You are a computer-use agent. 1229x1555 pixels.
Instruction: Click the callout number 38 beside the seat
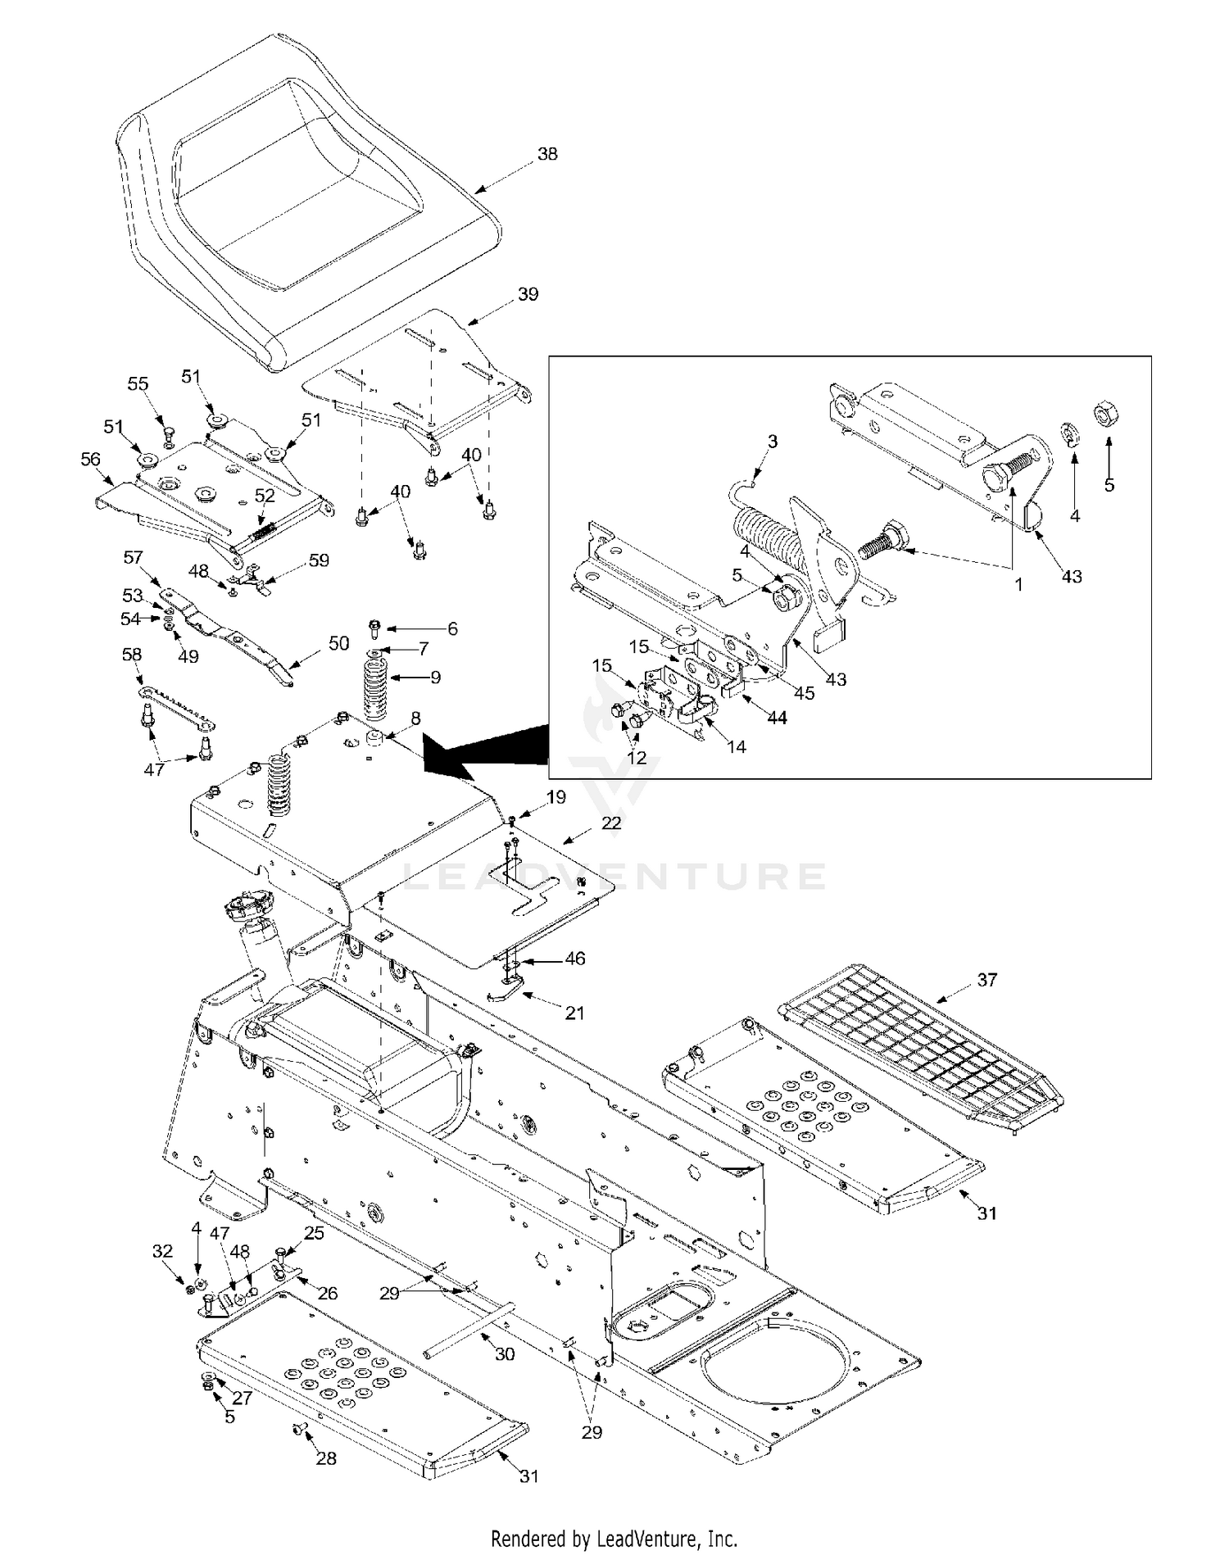[x=547, y=153]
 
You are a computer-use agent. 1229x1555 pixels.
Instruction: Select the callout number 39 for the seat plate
[x=528, y=293]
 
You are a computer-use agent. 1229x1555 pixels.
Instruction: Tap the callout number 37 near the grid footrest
[x=987, y=979]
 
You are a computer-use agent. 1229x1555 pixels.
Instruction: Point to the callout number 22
[x=611, y=823]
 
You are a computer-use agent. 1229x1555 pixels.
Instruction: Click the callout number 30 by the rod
[x=505, y=1354]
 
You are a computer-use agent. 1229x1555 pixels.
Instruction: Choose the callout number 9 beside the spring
[x=435, y=677]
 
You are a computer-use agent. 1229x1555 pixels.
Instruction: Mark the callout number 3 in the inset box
[x=772, y=441]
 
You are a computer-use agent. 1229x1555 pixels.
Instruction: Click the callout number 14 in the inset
[x=737, y=746]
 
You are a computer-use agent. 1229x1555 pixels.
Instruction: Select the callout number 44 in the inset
[x=777, y=718]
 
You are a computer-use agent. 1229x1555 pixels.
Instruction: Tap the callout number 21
[x=575, y=1013]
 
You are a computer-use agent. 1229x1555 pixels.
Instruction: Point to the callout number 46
[x=575, y=958]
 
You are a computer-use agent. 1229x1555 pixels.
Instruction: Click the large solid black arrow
[x=483, y=750]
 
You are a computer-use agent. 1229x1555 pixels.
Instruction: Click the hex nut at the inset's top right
[x=1107, y=415]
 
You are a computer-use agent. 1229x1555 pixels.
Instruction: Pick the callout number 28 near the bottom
[x=326, y=1458]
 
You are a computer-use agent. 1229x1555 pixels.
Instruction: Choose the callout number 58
[x=131, y=654]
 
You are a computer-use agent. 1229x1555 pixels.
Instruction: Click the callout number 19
[x=556, y=796]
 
